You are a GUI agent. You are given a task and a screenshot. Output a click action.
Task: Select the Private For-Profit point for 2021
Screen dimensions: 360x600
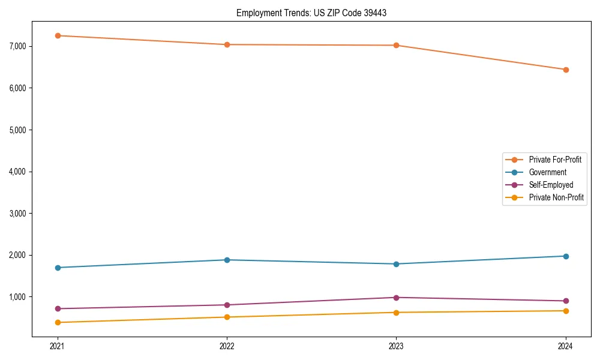58,35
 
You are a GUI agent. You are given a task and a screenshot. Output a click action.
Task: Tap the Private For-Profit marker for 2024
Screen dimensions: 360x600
565,70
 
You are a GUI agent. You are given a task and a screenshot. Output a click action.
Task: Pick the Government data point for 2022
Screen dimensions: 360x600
227,260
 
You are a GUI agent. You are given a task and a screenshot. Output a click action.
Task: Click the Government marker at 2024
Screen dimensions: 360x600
565,256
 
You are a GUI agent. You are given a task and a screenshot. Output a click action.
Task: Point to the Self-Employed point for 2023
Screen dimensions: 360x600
396,298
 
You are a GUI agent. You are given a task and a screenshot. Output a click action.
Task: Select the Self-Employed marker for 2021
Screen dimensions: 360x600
58,308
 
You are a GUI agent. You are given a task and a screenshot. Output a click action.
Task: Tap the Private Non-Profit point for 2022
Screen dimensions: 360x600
227,317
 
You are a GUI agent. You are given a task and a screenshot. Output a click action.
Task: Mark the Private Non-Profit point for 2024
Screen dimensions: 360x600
565,311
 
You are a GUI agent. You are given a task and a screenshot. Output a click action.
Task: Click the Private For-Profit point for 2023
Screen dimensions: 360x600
396,45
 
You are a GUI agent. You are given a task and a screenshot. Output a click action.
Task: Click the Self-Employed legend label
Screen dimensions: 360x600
551,185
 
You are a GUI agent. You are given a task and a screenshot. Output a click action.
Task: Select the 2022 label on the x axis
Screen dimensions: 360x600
227,346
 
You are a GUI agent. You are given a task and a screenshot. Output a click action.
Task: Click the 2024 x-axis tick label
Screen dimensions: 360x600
565,346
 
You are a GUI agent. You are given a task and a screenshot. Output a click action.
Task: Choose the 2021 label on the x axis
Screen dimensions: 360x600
58,346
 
